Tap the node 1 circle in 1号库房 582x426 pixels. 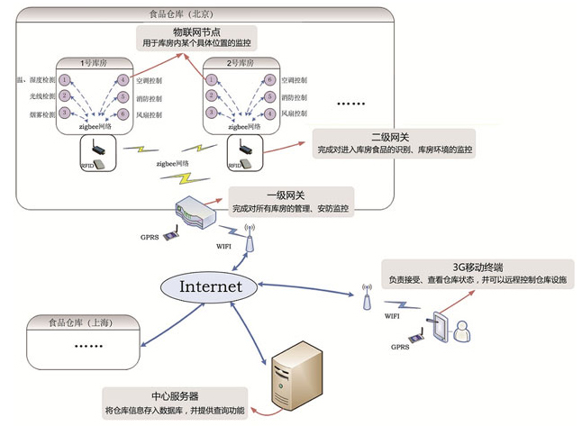(x=65, y=80)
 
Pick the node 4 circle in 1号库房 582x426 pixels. (x=123, y=80)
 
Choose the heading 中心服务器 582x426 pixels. (x=174, y=397)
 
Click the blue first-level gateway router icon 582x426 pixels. (x=195, y=213)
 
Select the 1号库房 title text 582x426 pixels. (x=94, y=64)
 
